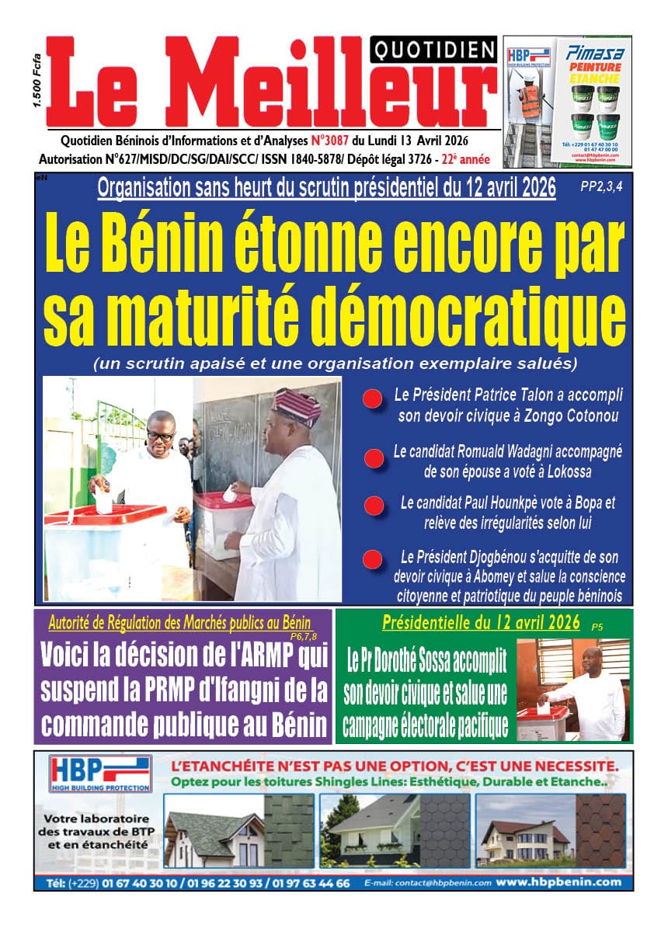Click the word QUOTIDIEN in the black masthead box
click(435, 51)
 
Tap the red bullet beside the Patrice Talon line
click(372, 400)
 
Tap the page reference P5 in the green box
click(597, 626)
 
